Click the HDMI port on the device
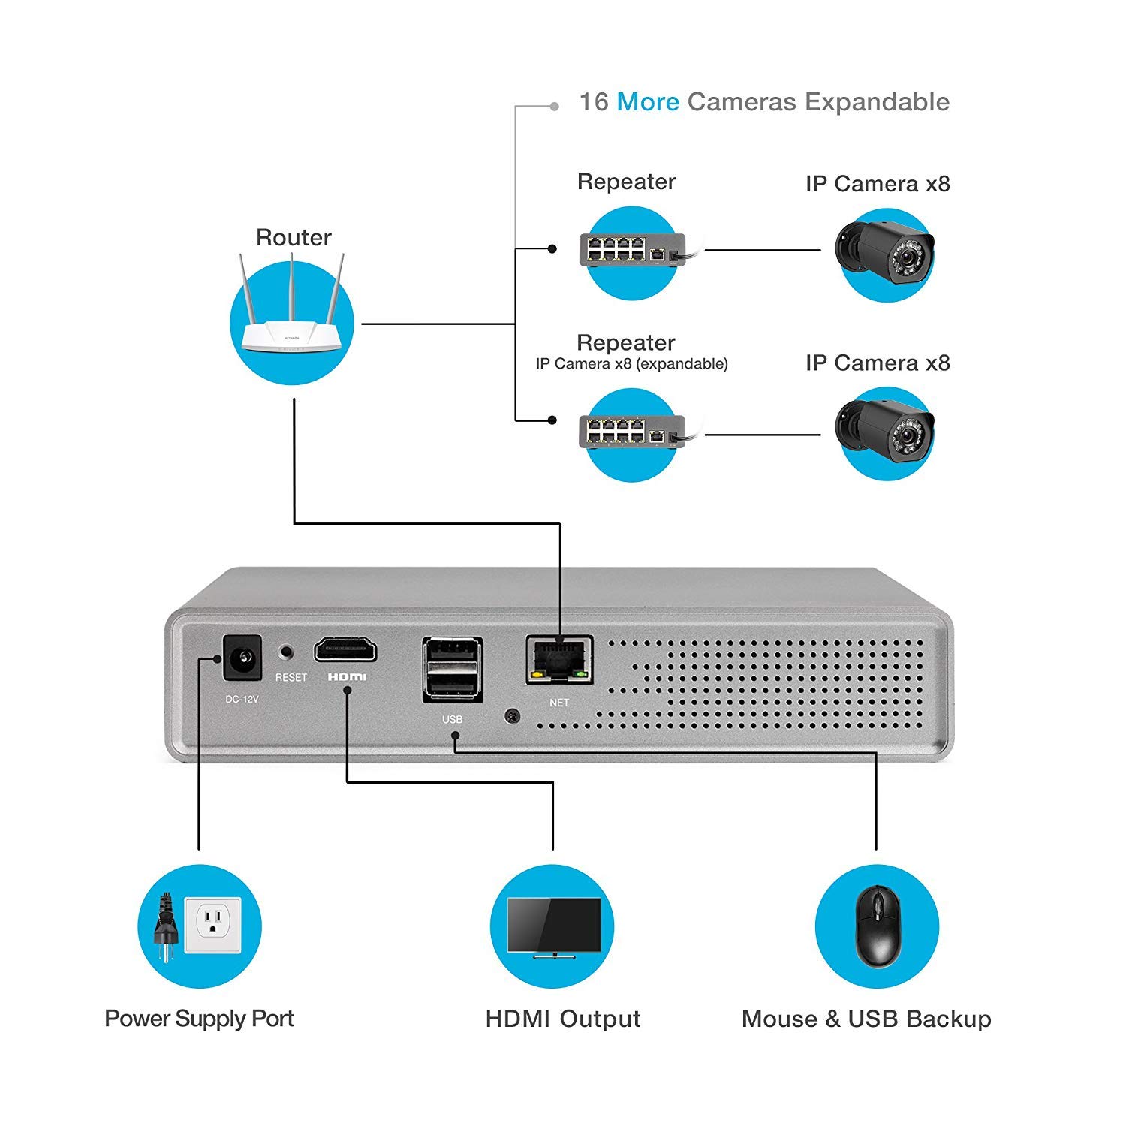[345, 649]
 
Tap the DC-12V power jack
[242, 658]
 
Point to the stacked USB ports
[452, 670]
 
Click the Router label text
[294, 238]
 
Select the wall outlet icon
[212, 926]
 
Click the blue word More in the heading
[648, 102]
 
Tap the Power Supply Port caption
[199, 1019]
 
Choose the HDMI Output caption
[563, 1019]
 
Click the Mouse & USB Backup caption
[866, 1019]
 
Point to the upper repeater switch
[632, 251]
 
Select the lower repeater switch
[632, 432]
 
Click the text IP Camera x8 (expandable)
[631, 364]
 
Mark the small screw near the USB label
[512, 716]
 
